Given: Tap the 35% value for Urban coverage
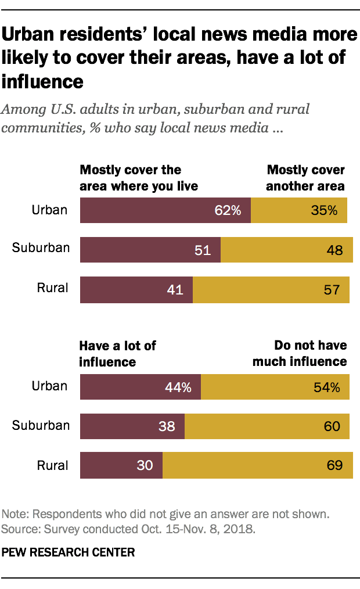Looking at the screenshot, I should pyautogui.click(x=324, y=210).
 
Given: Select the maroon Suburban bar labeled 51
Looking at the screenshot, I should pyautogui.click(x=150, y=250).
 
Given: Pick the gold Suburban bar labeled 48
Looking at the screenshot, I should pyautogui.click(x=287, y=250).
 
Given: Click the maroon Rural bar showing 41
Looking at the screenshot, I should pyautogui.click(x=136, y=290).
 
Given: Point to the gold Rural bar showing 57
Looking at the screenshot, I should pyautogui.click(x=271, y=290).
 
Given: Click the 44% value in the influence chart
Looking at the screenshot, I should pyautogui.click(x=178, y=387).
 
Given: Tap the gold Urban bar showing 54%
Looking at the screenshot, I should pyautogui.click(x=275, y=387).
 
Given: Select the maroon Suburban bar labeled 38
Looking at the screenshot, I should pyautogui.click(x=132, y=426).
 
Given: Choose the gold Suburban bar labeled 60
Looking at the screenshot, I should pyautogui.click(x=267, y=426).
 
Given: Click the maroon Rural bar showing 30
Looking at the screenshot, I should pyautogui.click(x=121, y=465).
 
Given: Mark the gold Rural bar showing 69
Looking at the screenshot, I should pyautogui.click(x=258, y=465).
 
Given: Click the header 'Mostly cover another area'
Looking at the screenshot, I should pyautogui.click(x=305, y=178).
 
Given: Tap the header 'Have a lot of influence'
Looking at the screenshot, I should pyautogui.click(x=118, y=354).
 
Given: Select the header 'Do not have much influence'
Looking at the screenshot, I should pyautogui.click(x=300, y=354).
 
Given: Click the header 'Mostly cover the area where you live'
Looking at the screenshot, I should pyautogui.click(x=139, y=178).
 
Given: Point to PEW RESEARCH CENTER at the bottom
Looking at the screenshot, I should pyautogui.click(x=69, y=552).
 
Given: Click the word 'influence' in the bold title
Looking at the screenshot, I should pyautogui.click(x=43, y=81).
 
